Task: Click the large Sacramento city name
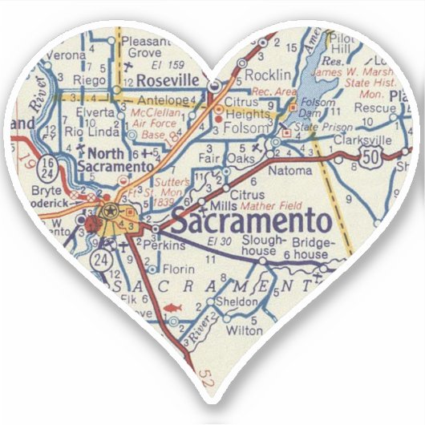[x=252, y=223]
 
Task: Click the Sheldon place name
[x=240, y=302]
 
